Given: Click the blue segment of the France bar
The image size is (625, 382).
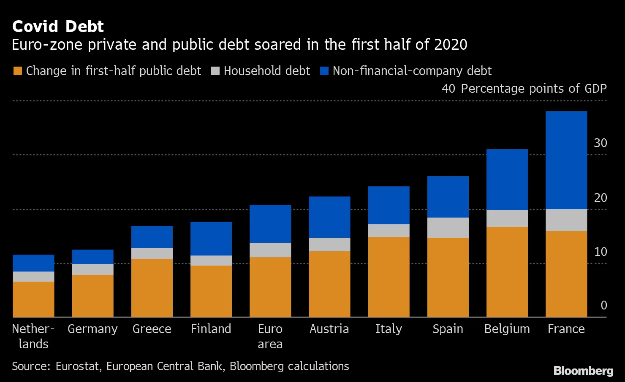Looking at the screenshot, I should pyautogui.click(x=566, y=160).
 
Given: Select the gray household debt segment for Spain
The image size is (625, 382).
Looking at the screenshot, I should pyautogui.click(x=448, y=228).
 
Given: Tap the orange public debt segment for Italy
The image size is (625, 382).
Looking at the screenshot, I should pyautogui.click(x=389, y=277).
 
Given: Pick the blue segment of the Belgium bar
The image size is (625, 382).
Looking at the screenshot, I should pyautogui.click(x=507, y=180).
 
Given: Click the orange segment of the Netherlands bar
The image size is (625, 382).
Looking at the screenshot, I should pyautogui.click(x=33, y=299).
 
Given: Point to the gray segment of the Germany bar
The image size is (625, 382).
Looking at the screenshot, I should pyautogui.click(x=92, y=269).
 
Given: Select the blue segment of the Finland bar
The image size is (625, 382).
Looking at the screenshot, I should pyautogui.click(x=211, y=239).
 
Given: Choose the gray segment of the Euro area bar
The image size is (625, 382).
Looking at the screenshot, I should pyautogui.click(x=270, y=250).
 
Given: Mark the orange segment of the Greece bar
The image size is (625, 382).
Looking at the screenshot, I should pyautogui.click(x=152, y=288).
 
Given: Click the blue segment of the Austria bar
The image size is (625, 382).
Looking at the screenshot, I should pyautogui.click(x=329, y=217).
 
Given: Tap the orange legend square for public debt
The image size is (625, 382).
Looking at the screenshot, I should pyautogui.click(x=17, y=71).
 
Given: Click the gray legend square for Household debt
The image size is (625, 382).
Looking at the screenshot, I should pyautogui.click(x=215, y=71).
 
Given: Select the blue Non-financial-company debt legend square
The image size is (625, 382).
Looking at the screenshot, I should pyautogui.click(x=324, y=71).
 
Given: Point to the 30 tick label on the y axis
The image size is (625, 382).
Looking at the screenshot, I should pyautogui.click(x=600, y=143).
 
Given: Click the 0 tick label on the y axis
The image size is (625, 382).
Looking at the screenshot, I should pyautogui.click(x=603, y=305).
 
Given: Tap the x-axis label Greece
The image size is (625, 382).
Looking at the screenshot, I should pyautogui.click(x=152, y=329).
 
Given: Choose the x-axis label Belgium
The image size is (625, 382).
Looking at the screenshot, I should pyautogui.click(x=507, y=329).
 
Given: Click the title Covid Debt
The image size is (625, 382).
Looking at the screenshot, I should pyautogui.click(x=58, y=27).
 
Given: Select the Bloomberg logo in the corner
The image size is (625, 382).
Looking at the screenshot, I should pyautogui.click(x=583, y=371).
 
